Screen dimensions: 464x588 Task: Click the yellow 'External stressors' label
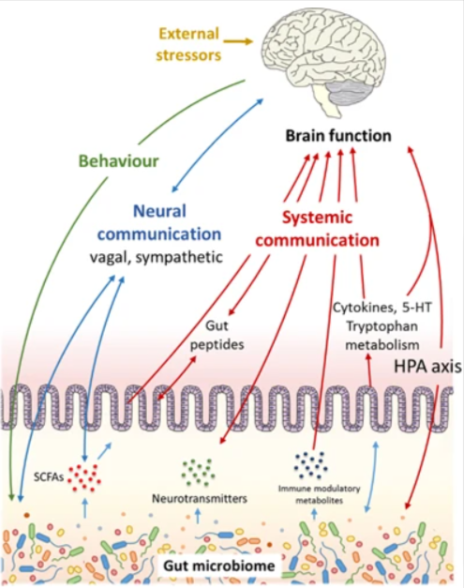pyautogui.click(x=188, y=44)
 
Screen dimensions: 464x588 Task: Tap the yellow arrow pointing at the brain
pyautogui.click(x=238, y=41)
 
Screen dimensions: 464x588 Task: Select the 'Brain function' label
pyautogui.click(x=338, y=135)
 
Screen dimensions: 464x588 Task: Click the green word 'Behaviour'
pyautogui.click(x=118, y=161)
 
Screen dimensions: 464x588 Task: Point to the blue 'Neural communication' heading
pyautogui.click(x=159, y=222)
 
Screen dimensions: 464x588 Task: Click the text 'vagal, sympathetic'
pyautogui.click(x=157, y=257)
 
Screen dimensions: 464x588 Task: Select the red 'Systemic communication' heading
pyautogui.click(x=317, y=229)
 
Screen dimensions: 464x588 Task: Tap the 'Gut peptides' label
pyautogui.click(x=217, y=335)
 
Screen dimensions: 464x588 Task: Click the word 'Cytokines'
pyautogui.click(x=363, y=308)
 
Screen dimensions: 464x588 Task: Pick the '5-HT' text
pyautogui.click(x=417, y=308)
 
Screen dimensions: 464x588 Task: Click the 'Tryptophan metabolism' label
pyautogui.click(x=382, y=335)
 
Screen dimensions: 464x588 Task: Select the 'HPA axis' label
pyautogui.click(x=427, y=366)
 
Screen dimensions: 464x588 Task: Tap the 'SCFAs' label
pyautogui.click(x=49, y=476)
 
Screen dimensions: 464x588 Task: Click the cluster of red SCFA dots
pyautogui.click(x=84, y=477)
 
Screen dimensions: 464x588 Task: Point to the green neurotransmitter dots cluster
pyautogui.click(x=199, y=473)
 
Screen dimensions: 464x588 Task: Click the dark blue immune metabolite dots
pyautogui.click(x=311, y=465)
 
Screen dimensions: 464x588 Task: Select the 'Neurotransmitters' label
pyautogui.click(x=200, y=498)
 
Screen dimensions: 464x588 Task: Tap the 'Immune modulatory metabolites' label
pyautogui.click(x=320, y=494)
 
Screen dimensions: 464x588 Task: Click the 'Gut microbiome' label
pyautogui.click(x=219, y=565)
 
